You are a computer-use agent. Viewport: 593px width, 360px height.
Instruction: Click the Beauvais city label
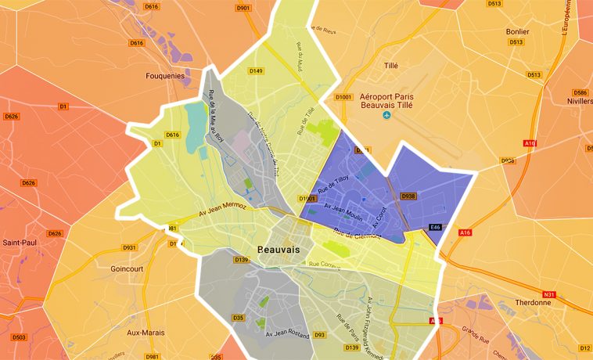pyautogui.click(x=279, y=248)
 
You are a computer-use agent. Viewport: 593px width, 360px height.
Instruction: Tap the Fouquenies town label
pyautogui.click(x=166, y=76)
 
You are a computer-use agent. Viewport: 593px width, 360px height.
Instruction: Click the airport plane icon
pyautogui.click(x=386, y=116)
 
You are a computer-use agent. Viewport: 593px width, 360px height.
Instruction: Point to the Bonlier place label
pyautogui.click(x=518, y=31)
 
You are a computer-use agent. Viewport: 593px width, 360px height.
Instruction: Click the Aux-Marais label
pyautogui.click(x=146, y=332)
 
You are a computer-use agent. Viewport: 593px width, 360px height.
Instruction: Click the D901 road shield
pyautogui.click(x=243, y=9)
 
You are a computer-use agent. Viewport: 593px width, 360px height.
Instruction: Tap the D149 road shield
pyautogui.click(x=256, y=71)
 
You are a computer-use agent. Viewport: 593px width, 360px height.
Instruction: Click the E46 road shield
pyautogui.click(x=436, y=227)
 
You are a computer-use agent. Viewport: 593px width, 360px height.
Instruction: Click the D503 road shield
pyautogui.click(x=19, y=338)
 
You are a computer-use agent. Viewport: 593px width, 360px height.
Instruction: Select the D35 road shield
pyautogui.click(x=239, y=318)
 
